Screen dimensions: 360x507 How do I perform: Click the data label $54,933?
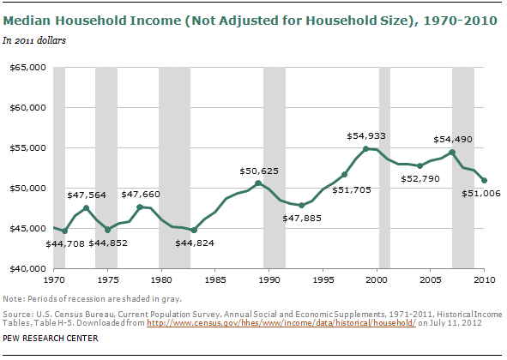point(365,135)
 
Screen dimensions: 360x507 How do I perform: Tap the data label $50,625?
point(257,171)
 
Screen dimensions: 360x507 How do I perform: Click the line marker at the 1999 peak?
point(366,149)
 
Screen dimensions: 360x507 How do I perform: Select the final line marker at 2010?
point(485,180)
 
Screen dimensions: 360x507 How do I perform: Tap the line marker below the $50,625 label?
point(258,183)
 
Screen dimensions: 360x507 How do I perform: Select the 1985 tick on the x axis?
point(215,280)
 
